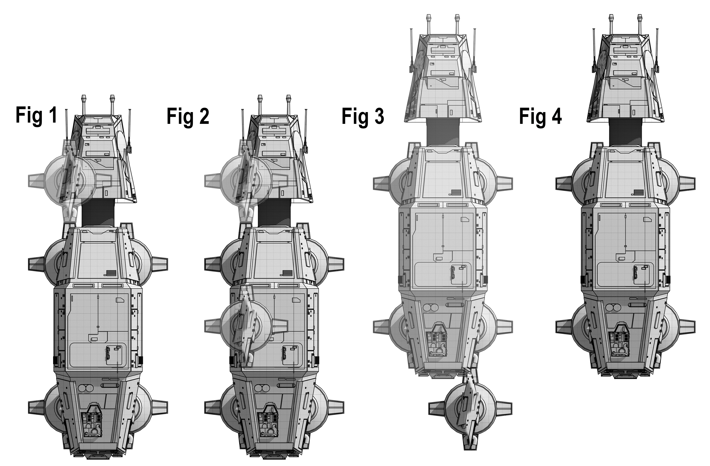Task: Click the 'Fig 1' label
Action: pos(36,116)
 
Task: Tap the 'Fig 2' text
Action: pos(188,116)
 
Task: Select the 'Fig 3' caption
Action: pos(363,116)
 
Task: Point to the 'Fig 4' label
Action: pos(540,116)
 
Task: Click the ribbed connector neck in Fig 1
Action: pos(98,213)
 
